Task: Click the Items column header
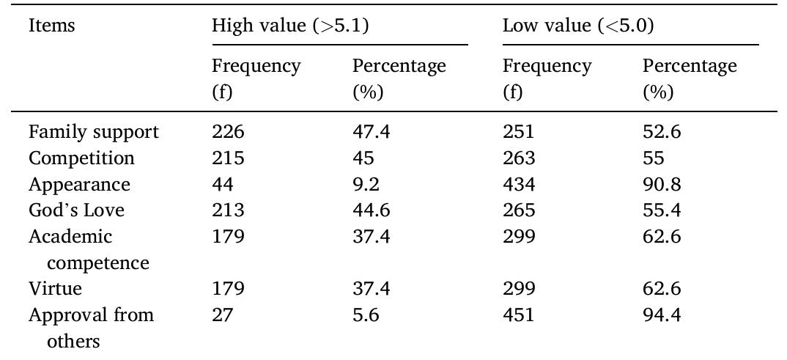[51, 26]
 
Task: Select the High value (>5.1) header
[290, 26]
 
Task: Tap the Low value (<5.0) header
[578, 26]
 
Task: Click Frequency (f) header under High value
[256, 78]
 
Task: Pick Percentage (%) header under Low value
[690, 78]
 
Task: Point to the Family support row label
[94, 133]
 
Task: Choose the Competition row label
[81, 158]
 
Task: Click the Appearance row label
[79, 185]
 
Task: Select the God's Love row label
[76, 210]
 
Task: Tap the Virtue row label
[55, 289]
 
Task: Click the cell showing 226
[228, 133]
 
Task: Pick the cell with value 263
[519, 158]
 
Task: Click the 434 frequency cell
[519, 185]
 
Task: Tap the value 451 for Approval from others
[519, 315]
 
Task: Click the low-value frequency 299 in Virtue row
[519, 289]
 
